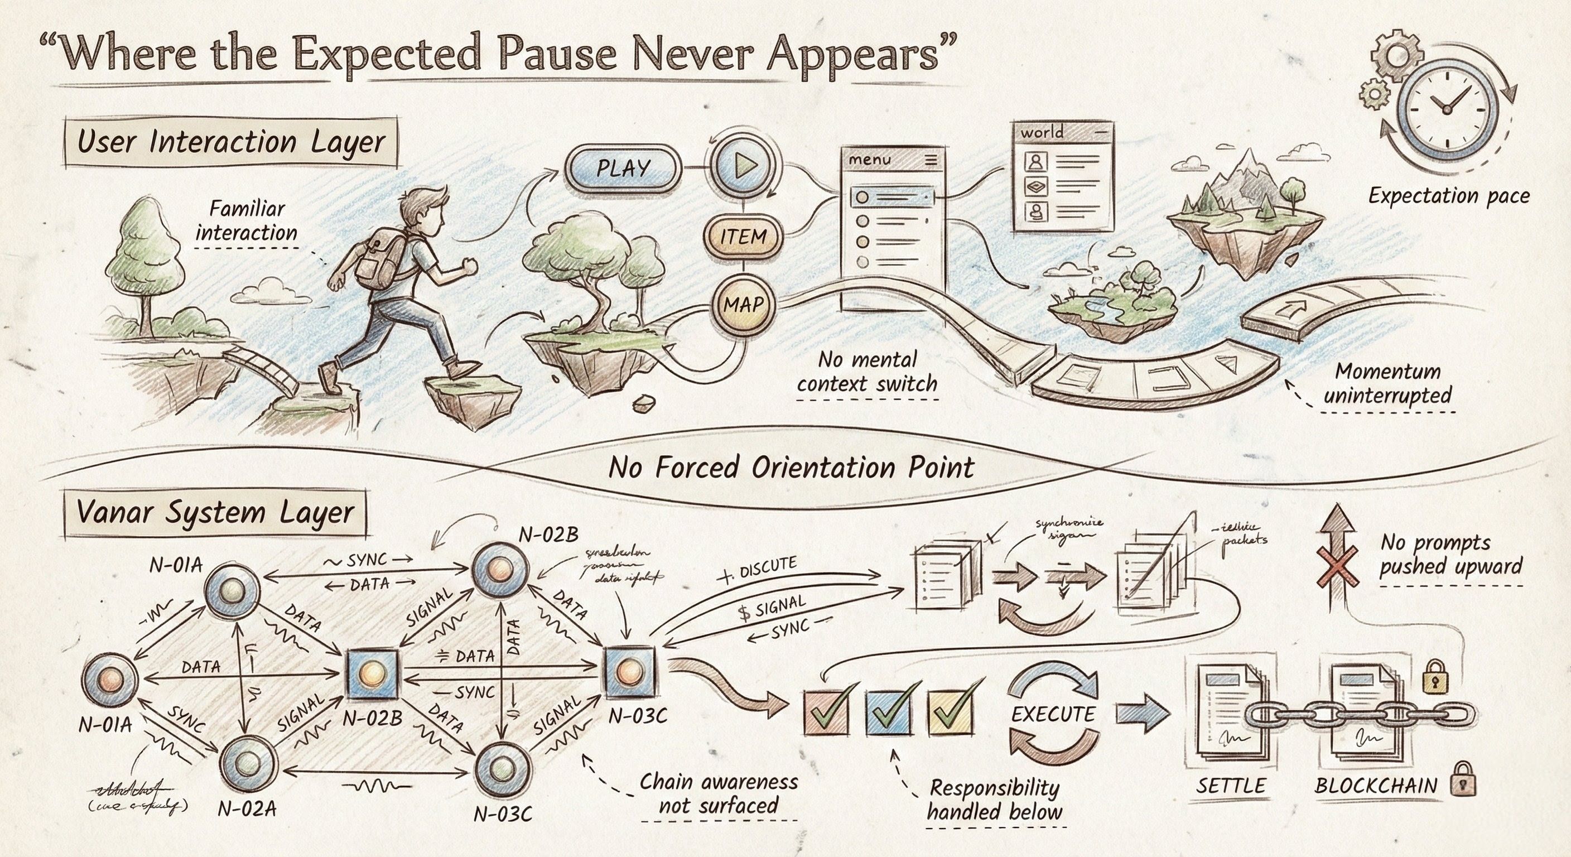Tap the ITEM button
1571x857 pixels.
pyautogui.click(x=743, y=236)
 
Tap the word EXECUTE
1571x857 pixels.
pyautogui.click(x=1053, y=714)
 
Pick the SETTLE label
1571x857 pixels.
pyautogui.click(x=1231, y=786)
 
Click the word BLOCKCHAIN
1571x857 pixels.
pyautogui.click(x=1376, y=786)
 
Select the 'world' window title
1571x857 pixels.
pyautogui.click(x=1042, y=132)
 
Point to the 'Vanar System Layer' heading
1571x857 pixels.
pyautogui.click(x=215, y=513)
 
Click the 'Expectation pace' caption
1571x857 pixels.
pyautogui.click(x=1448, y=196)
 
